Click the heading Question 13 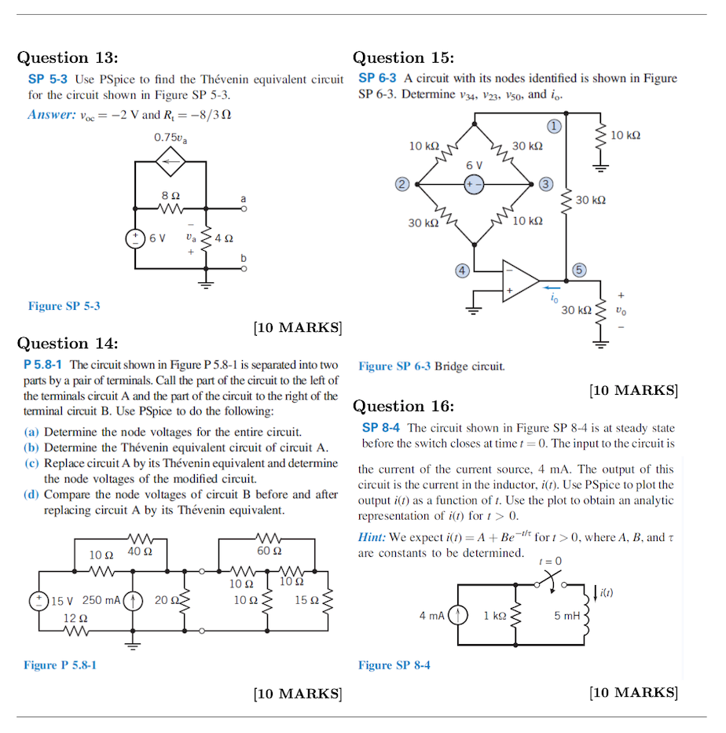[68, 57]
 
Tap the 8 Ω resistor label [170, 194]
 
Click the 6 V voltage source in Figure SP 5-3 [135, 238]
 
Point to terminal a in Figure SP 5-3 [244, 209]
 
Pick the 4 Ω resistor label [222, 238]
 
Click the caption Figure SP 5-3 [64, 306]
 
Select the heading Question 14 [68, 343]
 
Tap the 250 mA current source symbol [134, 600]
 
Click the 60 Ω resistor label [269, 551]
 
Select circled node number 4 [463, 271]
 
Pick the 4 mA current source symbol [458, 615]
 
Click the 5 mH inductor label [566, 615]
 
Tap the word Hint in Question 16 [372, 537]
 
